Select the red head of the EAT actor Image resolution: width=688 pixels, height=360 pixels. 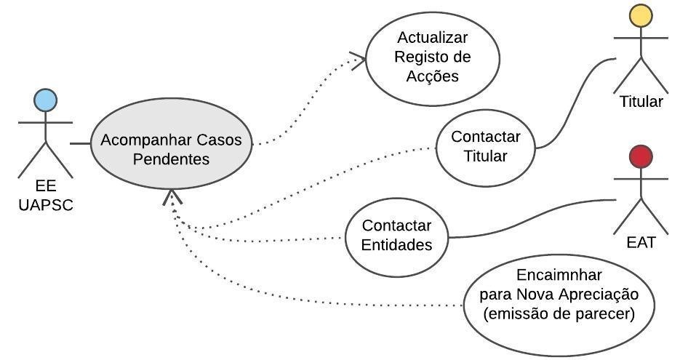click(641, 156)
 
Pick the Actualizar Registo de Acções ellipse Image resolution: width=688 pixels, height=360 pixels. click(432, 57)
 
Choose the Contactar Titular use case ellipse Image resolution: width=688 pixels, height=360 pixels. click(485, 147)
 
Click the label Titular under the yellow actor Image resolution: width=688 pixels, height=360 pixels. click(641, 101)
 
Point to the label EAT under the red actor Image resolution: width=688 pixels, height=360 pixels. click(641, 243)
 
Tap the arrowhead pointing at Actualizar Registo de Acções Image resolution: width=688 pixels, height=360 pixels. click(358, 59)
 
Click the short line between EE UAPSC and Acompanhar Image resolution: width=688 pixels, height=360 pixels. click(80, 144)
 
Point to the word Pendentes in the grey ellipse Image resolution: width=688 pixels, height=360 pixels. click(171, 159)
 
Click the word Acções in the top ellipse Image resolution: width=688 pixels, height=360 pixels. click(432, 75)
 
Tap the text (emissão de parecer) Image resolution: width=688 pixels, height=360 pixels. click(559, 314)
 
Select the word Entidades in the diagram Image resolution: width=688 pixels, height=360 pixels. click(396, 244)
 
